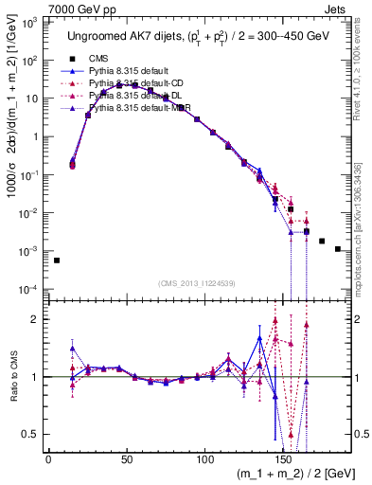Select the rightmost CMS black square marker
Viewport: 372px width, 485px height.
(x=338, y=249)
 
